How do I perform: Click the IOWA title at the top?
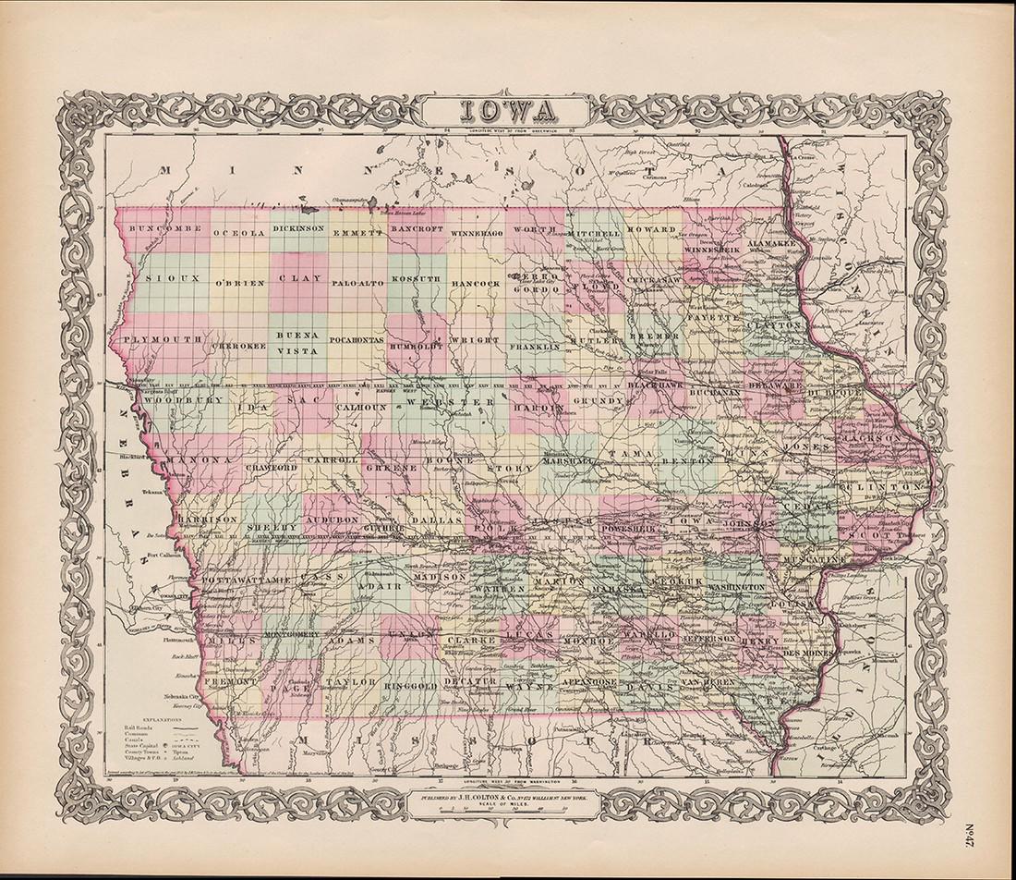507,111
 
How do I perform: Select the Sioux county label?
158,276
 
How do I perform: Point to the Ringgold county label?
407,684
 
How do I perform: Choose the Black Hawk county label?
654,383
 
